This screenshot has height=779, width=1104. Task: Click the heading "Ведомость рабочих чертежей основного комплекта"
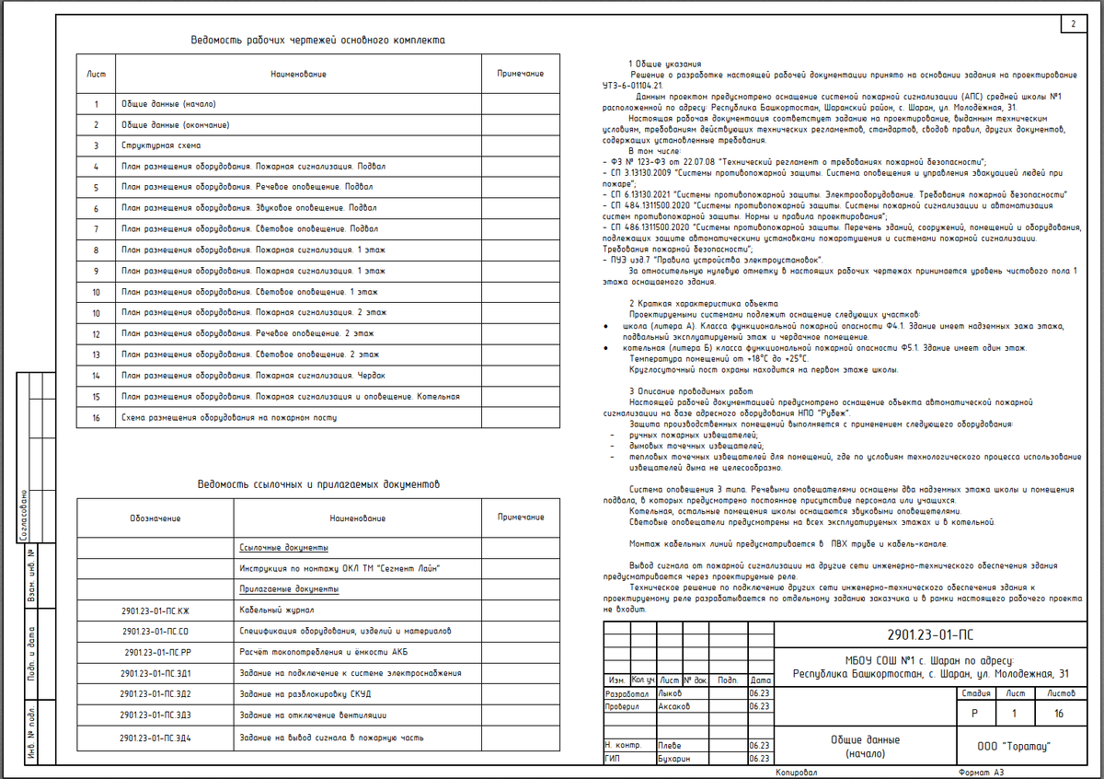(317, 41)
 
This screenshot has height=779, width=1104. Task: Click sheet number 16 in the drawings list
(96, 416)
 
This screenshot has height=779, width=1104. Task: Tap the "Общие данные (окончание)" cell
(175, 125)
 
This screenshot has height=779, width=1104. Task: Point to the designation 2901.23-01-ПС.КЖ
(155, 610)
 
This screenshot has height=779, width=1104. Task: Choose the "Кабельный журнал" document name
(276, 610)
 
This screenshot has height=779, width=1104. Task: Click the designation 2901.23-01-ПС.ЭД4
(155, 738)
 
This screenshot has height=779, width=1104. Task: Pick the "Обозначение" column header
(155, 518)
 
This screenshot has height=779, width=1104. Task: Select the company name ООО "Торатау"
(1012, 746)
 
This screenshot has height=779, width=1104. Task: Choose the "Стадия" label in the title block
(975, 692)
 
